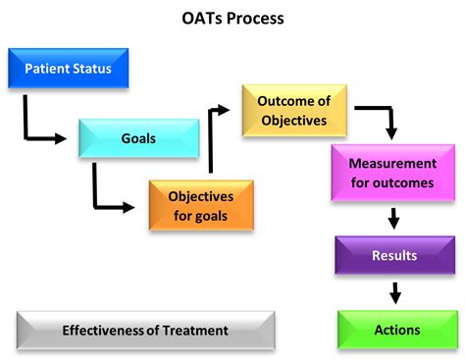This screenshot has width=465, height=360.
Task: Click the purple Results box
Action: tap(394, 255)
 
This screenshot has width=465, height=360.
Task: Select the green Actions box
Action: tap(396, 330)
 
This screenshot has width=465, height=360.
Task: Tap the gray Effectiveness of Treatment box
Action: tap(145, 331)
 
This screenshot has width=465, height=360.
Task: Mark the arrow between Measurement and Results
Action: tap(393, 217)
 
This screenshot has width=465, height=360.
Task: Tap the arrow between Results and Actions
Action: tap(394, 292)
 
